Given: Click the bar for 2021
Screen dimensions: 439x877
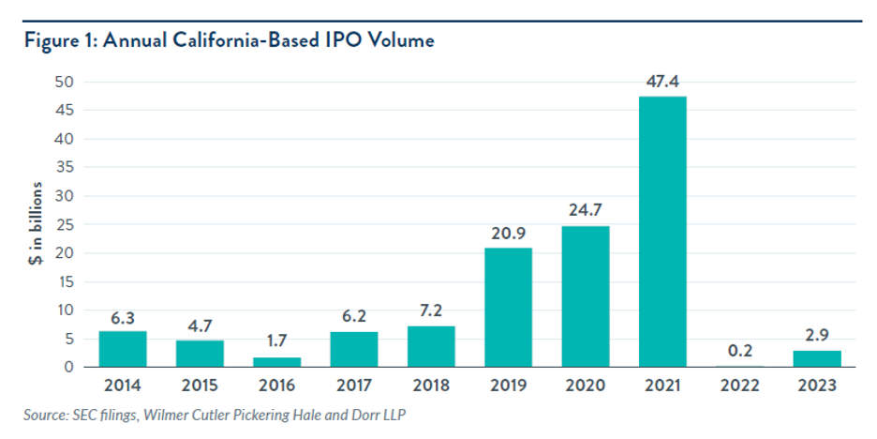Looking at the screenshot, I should [661, 231].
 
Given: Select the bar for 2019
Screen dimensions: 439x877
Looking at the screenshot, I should [508, 307].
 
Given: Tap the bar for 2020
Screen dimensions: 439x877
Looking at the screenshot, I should [585, 295].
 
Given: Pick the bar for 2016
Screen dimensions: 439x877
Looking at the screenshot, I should [277, 361].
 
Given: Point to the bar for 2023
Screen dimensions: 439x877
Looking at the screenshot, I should [816, 358].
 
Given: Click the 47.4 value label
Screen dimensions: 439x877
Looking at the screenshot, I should [661, 81].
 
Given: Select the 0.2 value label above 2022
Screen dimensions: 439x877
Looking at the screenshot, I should [739, 350].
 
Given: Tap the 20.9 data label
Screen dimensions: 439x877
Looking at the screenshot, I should [508, 233].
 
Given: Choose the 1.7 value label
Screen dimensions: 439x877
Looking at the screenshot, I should [277, 342].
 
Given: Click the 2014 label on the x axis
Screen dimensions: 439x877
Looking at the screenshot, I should [124, 386].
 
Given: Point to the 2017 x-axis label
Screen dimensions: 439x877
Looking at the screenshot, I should [354, 386].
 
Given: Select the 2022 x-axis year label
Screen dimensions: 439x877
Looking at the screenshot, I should [739, 386].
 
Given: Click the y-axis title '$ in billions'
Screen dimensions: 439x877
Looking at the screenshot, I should [34, 224].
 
